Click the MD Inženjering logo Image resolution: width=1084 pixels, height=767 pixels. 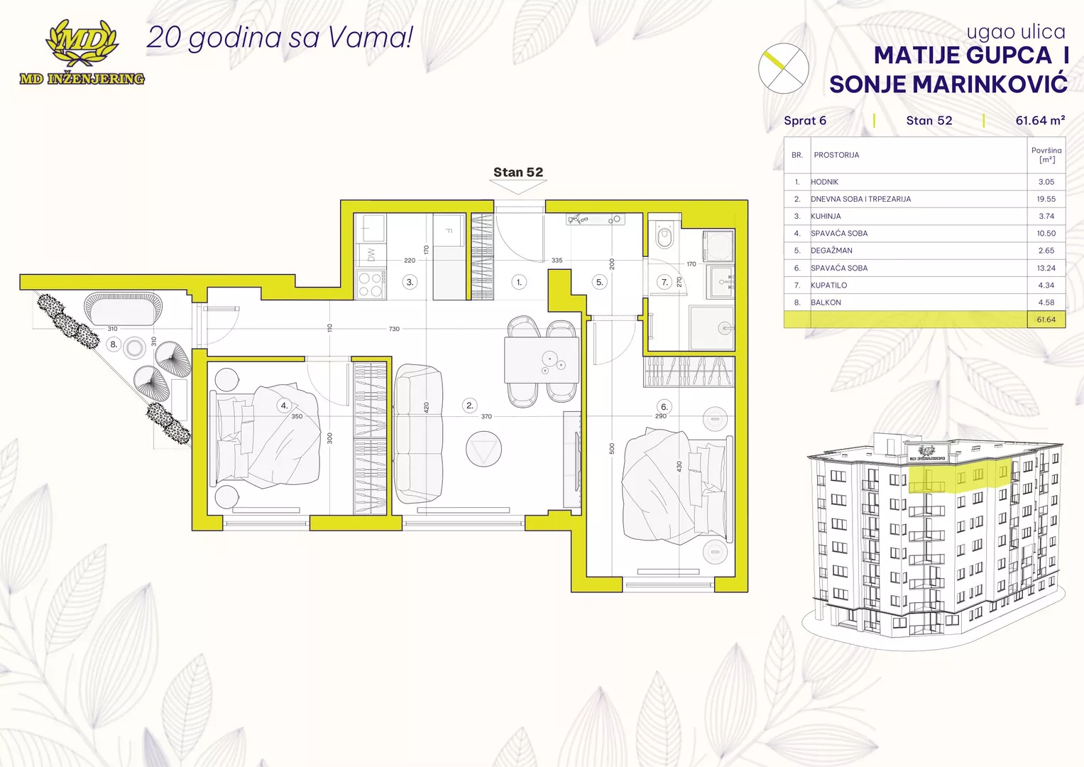[82, 53]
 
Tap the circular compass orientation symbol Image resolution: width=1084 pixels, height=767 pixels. [783, 68]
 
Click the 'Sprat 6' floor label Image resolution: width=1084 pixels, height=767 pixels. [805, 121]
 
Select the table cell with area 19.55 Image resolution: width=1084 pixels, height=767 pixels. [1046, 199]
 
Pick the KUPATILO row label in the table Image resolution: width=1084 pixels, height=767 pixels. [828, 285]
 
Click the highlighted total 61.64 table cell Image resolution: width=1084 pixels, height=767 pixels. [1046, 320]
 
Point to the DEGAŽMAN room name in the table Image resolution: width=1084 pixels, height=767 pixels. [831, 250]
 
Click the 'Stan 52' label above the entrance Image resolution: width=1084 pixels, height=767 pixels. [518, 172]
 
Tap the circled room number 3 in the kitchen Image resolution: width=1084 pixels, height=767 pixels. [410, 282]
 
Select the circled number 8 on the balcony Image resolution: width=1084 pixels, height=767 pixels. [114, 344]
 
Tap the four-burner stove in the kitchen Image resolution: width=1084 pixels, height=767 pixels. [371, 284]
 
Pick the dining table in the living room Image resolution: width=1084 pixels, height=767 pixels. [542, 360]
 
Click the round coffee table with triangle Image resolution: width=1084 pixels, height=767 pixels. [483, 449]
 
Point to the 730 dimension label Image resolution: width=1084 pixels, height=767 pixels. [394, 329]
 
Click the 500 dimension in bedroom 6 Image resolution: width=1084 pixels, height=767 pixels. [612, 448]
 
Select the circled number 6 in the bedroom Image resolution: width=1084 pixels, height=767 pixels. [664, 407]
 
